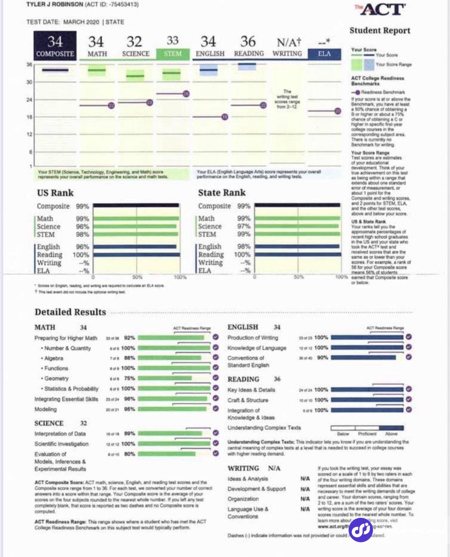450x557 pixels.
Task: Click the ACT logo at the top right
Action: pos(380,10)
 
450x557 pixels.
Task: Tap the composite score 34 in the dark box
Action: pos(55,42)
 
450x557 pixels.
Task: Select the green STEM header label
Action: pos(172,54)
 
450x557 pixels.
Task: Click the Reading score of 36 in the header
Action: pos(248,42)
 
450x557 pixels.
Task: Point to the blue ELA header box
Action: pos(324,54)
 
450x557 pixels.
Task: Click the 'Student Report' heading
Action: pos(380,30)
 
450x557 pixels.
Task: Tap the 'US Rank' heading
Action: pos(55,193)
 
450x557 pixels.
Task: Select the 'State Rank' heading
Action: pos(222,192)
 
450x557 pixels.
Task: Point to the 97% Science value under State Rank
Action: pos(244,226)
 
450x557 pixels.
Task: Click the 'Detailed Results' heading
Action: pos(70,312)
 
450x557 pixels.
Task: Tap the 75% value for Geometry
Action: pos(130,379)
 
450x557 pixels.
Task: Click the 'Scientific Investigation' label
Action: pos(61,444)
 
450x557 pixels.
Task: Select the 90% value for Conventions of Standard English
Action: pos(322,358)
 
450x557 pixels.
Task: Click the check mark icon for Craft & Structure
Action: pos(409,399)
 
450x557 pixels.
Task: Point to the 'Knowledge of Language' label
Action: pos(257,348)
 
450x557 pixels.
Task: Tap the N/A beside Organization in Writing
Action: pos(305,499)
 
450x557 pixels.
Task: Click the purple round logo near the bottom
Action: pos(361,530)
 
